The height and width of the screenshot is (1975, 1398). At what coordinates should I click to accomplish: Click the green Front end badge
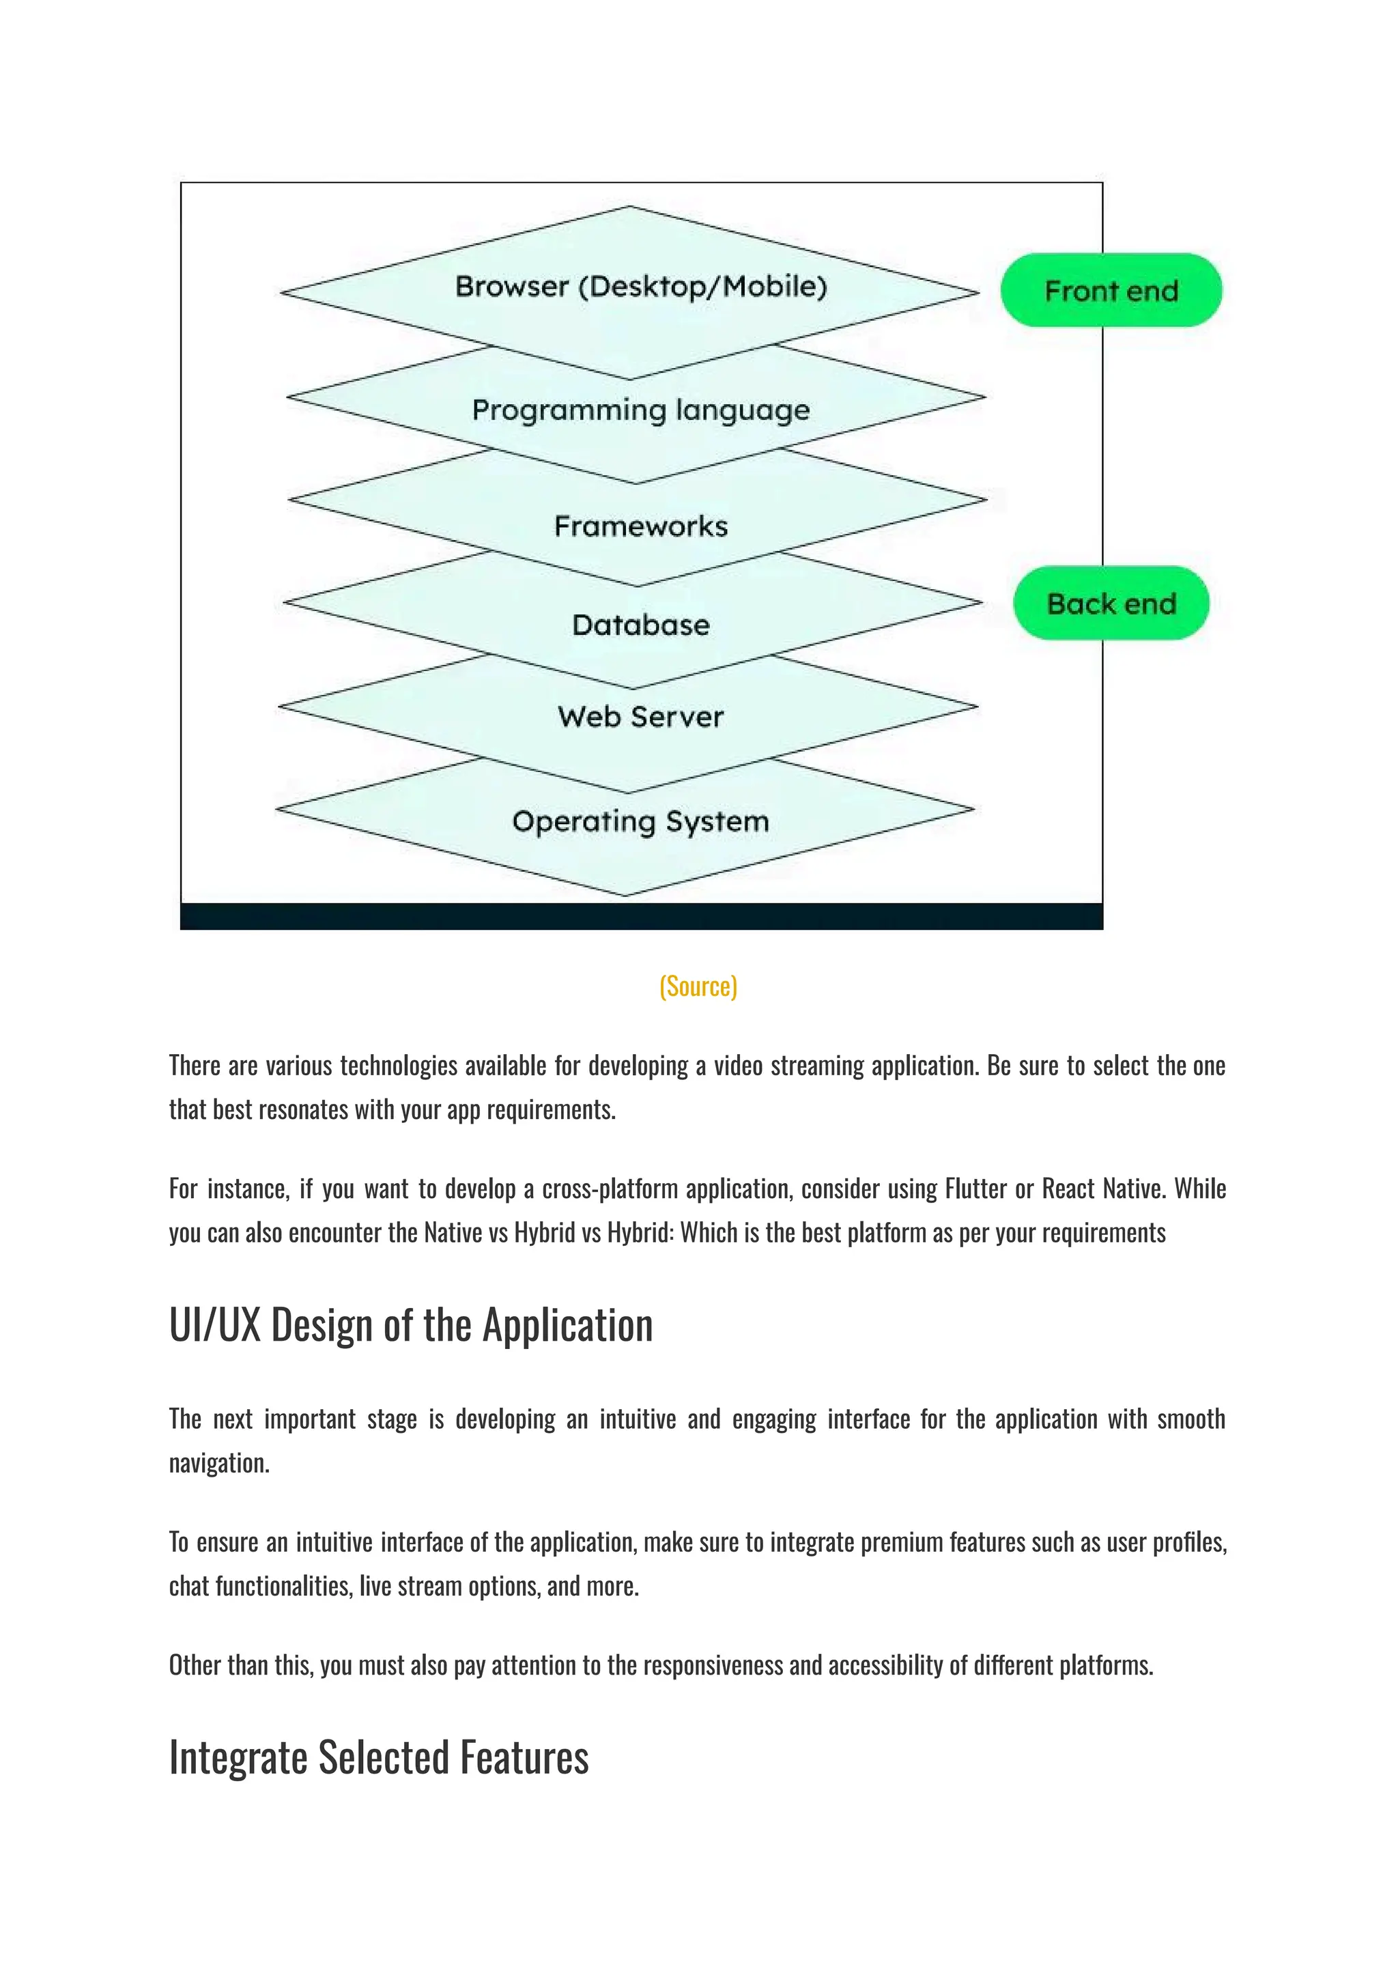pyautogui.click(x=1111, y=291)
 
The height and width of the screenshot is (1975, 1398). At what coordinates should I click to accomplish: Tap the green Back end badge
pyautogui.click(x=1111, y=603)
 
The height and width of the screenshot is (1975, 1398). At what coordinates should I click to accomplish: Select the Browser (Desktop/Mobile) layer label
pyautogui.click(x=640, y=286)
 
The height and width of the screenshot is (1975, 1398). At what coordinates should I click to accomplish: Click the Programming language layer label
pyautogui.click(x=640, y=410)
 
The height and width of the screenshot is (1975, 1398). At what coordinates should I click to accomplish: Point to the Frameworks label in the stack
pyautogui.click(x=640, y=526)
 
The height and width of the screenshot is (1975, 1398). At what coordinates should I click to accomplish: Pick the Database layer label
pyautogui.click(x=640, y=625)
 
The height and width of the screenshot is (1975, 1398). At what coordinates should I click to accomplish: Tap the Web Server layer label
pyautogui.click(x=640, y=716)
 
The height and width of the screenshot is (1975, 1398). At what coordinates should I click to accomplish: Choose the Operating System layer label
pyautogui.click(x=640, y=821)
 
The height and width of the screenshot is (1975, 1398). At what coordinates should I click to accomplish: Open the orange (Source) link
pyautogui.click(x=698, y=986)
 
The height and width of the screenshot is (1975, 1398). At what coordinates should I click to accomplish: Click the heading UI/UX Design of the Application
pyautogui.click(x=411, y=1325)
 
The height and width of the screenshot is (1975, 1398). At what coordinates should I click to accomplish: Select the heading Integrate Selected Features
pyautogui.click(x=379, y=1757)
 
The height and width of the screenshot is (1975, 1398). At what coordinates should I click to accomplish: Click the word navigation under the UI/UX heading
pyautogui.click(x=218, y=1463)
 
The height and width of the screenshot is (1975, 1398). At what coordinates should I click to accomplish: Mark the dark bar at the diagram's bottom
pyautogui.click(x=642, y=916)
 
